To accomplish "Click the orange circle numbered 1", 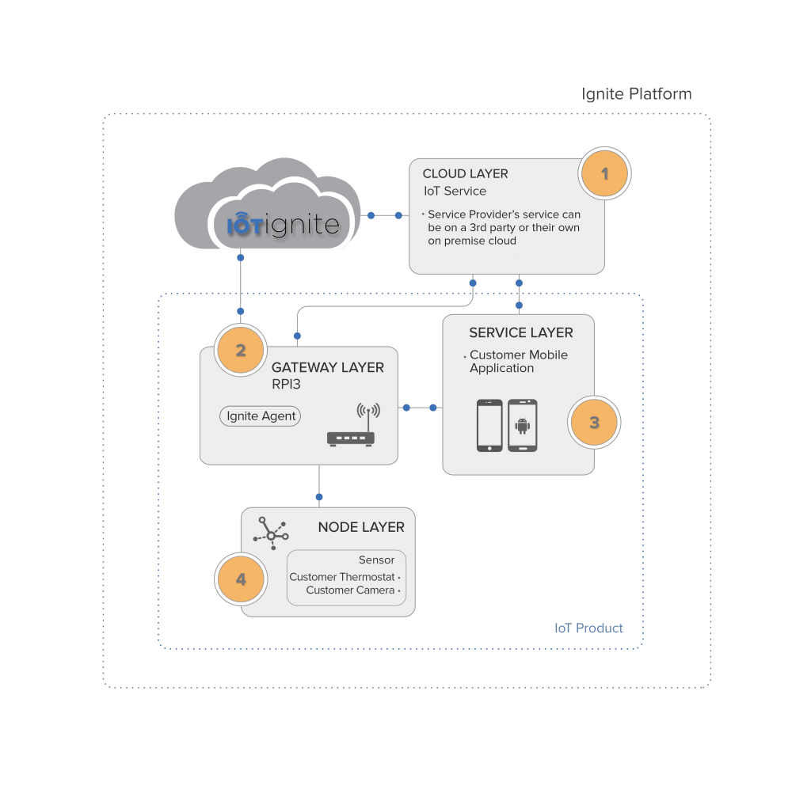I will tap(604, 173).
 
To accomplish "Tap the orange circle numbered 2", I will tap(240, 350).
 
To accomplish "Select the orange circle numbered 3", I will tap(594, 423).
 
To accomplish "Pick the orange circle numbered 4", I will tap(241, 579).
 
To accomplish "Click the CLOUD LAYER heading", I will tap(465, 174).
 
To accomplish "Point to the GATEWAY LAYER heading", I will tap(327, 368).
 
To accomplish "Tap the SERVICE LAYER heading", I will tap(520, 333).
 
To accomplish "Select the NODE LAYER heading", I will tap(360, 527).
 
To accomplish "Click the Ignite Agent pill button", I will tap(261, 416).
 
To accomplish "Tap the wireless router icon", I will tap(351, 427).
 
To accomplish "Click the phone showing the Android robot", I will tap(522, 426).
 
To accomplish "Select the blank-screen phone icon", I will tap(489, 426).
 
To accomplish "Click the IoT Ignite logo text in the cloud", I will tap(284, 226).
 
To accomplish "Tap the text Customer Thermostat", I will tap(341, 577).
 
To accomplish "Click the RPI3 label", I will tap(287, 385).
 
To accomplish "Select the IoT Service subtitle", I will tap(454, 191).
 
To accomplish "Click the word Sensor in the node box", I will tap(376, 560).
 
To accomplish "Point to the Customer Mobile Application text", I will tap(518, 362).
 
